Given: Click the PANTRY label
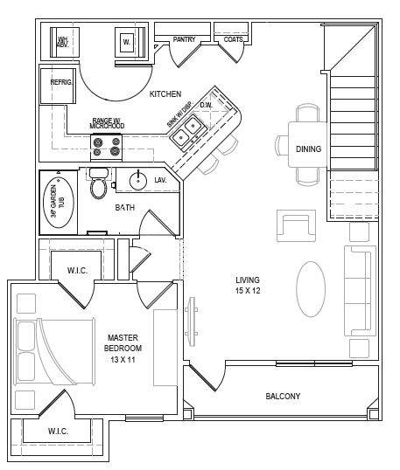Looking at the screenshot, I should coord(184,38).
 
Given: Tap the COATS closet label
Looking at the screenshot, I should coord(232,38).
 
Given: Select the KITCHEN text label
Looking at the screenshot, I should coord(165,93).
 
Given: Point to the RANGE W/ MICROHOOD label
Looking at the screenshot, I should coord(107,123).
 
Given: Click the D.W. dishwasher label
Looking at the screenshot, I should coord(206,105).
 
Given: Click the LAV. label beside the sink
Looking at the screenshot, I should coord(160,180).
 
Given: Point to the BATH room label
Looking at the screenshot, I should coord(125,208).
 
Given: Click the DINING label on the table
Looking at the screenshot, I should coord(308,149).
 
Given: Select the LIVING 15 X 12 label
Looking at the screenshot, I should coord(248,285).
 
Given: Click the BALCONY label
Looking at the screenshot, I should coord(283,396).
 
